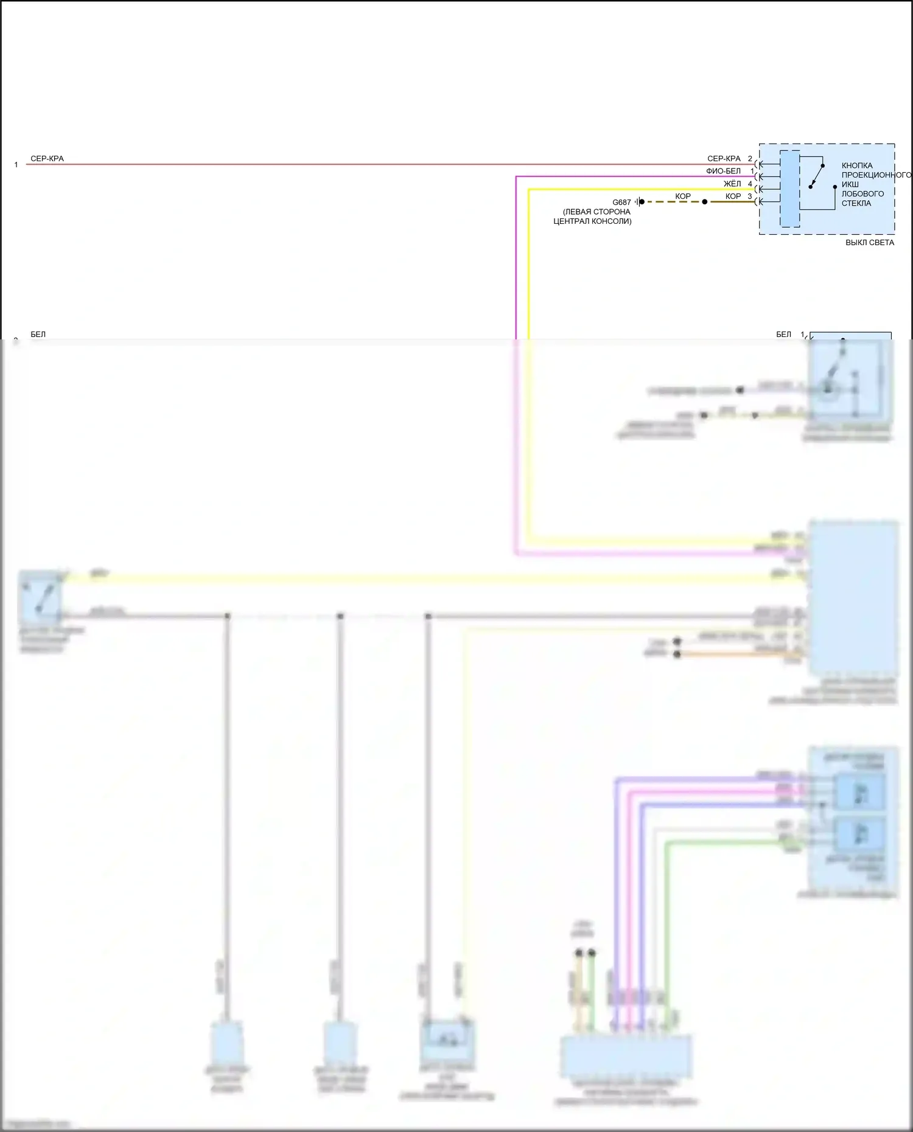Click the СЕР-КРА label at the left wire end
(47, 159)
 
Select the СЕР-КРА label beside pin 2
(724, 159)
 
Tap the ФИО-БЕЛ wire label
(723, 172)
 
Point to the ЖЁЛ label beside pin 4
(732, 184)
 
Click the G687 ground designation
(621, 203)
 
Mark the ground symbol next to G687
(639, 202)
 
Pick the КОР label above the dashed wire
(683, 196)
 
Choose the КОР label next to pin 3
(733, 196)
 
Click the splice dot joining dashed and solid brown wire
(705, 202)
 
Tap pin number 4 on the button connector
(750, 184)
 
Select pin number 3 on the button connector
(750, 196)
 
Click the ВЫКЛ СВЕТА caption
(870, 243)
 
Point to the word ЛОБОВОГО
(862, 194)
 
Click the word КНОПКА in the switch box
(857, 165)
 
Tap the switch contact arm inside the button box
(816, 176)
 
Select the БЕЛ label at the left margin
(38, 335)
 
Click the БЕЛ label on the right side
(783, 335)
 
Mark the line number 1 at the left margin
(16, 165)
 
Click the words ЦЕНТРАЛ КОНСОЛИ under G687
(592, 221)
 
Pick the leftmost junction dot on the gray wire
(228, 616)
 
